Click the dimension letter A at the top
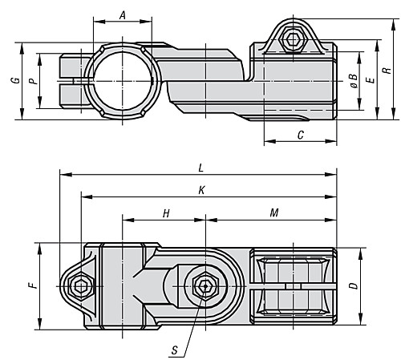123,15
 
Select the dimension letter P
34,81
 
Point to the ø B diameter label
354,81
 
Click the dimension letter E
371,79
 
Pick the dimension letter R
387,71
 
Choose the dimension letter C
301,136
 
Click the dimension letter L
201,168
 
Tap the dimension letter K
201,190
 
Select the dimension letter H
166,213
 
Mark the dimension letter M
274,212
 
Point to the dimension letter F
33,285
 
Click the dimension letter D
354,285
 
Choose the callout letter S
175,350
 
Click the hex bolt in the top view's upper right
294,39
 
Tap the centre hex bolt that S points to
205,286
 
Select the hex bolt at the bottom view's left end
80,286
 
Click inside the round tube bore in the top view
123,81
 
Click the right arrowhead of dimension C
330,141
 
